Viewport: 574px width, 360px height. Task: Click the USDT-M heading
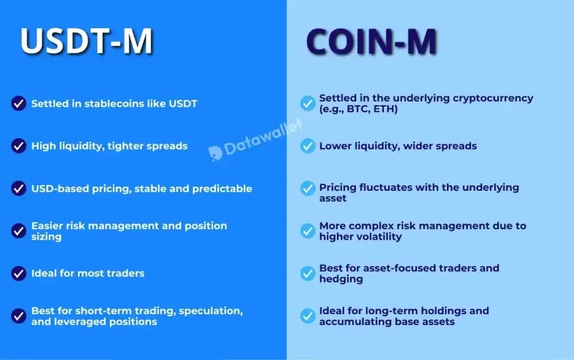(x=87, y=41)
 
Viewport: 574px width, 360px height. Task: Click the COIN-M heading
(x=371, y=41)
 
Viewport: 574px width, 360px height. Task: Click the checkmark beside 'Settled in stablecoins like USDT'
(x=18, y=104)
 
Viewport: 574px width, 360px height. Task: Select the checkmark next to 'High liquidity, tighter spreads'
(x=18, y=146)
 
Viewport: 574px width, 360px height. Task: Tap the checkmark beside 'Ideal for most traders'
(x=18, y=273)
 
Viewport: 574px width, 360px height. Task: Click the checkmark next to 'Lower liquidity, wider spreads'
(x=308, y=146)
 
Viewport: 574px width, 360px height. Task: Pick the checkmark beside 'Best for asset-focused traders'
(x=308, y=273)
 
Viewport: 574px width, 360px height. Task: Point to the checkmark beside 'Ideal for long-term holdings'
(x=308, y=315)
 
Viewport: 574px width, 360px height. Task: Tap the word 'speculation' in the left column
(x=214, y=311)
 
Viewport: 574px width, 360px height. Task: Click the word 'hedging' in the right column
(x=341, y=279)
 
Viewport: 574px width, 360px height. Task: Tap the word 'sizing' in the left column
(x=46, y=236)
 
